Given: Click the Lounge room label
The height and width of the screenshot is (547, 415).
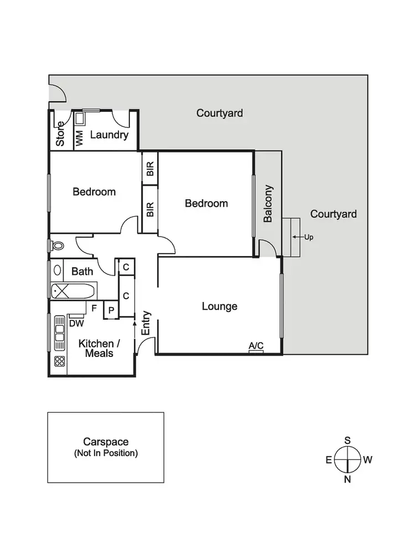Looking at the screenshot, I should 219,306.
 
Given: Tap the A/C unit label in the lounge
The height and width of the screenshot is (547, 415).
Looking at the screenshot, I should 256,346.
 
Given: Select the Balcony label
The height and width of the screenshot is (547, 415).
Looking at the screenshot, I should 268,203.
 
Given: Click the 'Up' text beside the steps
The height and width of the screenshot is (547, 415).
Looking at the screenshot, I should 308,237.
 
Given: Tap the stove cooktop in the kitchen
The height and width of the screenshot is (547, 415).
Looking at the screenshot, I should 59,361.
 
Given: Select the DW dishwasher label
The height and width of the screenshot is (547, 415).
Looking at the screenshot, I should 76,323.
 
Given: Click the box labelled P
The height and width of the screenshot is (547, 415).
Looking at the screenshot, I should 111,310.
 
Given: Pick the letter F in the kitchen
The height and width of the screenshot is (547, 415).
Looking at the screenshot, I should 94,308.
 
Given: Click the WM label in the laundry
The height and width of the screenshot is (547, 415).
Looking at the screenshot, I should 79,139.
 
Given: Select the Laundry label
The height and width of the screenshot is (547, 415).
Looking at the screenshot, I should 109,135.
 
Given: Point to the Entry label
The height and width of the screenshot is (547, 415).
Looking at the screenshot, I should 146,323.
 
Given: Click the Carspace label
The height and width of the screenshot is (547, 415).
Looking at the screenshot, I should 106,442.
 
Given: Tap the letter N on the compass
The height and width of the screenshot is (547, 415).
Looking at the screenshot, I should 347,480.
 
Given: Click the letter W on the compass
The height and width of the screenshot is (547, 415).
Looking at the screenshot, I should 367,459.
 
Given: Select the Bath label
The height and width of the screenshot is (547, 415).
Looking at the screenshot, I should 82,272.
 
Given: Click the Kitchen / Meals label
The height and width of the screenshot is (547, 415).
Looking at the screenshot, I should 99,349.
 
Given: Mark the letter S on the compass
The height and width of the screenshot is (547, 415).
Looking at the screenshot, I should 347,440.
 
